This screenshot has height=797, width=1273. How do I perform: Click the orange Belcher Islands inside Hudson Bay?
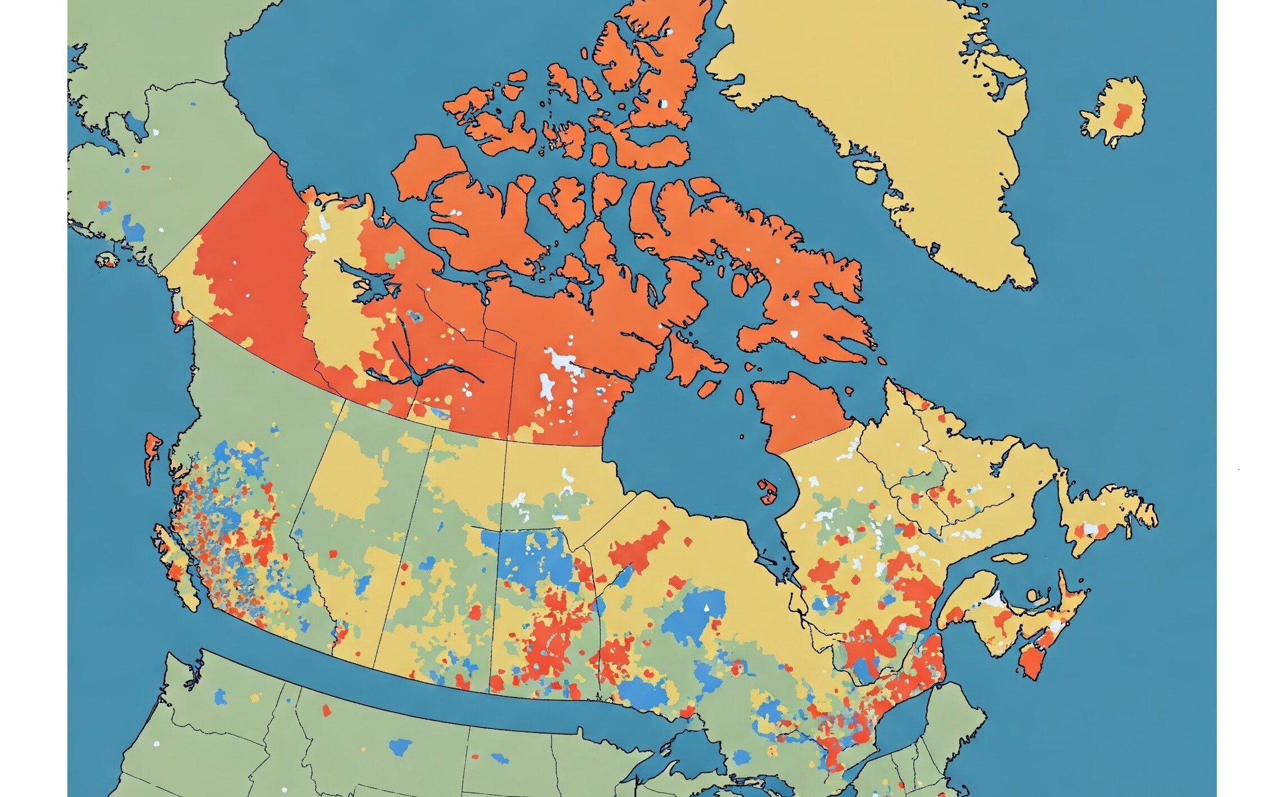coord(767,492)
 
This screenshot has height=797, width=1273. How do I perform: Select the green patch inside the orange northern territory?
coord(396,256)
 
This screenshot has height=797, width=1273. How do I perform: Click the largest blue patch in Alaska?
coord(134,229)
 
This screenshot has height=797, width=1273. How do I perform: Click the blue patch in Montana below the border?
coord(400,746)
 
